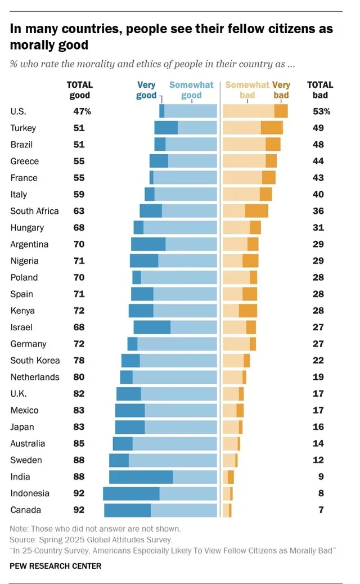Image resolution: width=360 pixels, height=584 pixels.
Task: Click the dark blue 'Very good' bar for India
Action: coord(141,477)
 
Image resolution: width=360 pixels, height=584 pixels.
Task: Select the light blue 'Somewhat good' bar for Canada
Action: coord(183,510)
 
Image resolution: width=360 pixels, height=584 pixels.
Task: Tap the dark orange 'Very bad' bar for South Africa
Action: coord(256,211)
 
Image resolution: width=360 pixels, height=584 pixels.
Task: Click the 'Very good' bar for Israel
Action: coord(152,327)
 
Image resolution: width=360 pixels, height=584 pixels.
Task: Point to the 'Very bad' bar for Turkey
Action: coord(272,128)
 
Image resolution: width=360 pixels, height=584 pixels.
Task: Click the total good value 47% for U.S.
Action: coord(82,111)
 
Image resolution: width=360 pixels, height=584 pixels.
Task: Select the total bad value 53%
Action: coord(321,111)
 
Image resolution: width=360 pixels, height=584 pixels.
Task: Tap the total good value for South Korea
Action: coord(79,361)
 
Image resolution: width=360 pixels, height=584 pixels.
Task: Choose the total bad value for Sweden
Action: coord(318,460)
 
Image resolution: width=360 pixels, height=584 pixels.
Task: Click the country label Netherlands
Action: coord(34,377)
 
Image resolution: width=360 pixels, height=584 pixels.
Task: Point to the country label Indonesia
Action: coord(30,493)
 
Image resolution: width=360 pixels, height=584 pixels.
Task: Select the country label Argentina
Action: coord(29,244)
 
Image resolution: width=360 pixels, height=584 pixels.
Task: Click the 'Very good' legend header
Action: coord(146,90)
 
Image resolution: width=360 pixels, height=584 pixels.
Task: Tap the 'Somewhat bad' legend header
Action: coord(246,90)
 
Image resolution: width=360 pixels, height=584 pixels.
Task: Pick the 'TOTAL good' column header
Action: coord(79,90)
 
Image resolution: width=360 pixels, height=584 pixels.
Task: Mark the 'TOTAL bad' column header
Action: coord(319,90)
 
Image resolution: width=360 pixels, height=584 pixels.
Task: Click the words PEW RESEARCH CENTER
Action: coord(56,566)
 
